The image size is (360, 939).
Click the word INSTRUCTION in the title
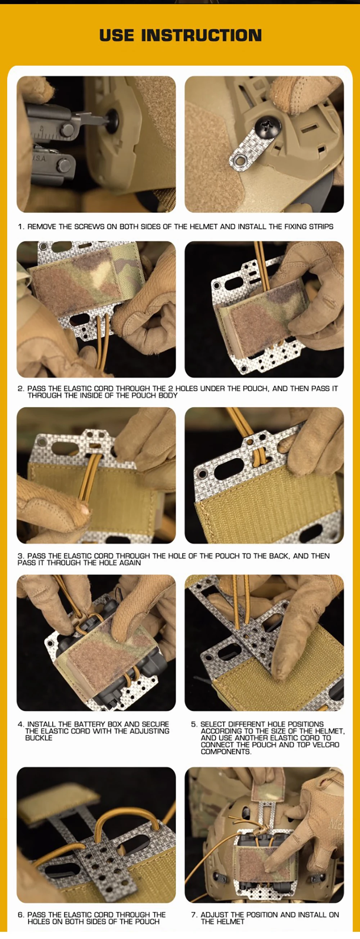(201, 35)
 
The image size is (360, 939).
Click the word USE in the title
(117, 35)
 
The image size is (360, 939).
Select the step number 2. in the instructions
(21, 389)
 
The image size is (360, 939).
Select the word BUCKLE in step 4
(39, 738)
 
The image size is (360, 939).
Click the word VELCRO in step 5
(325, 745)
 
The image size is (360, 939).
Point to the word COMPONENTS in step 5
(226, 752)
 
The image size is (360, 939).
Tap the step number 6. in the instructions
(21, 915)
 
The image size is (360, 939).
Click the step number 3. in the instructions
(21, 556)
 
